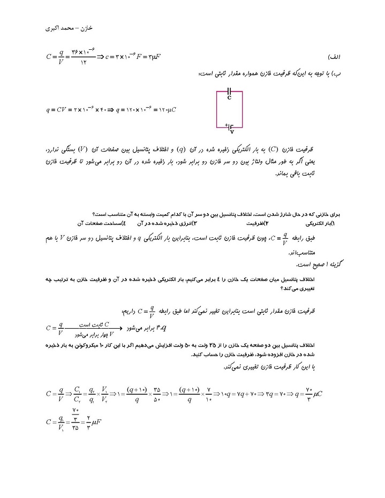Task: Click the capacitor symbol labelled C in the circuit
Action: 229,93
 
